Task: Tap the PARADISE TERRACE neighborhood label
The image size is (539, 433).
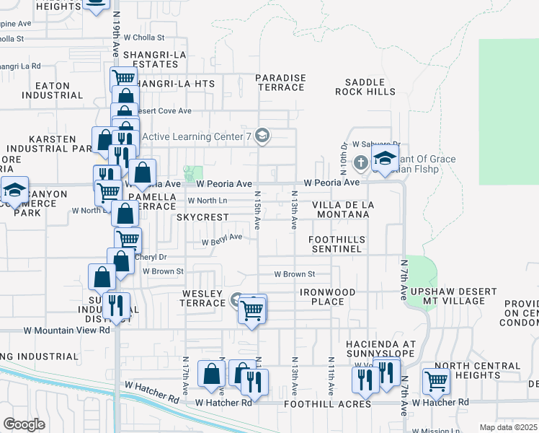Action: tap(281, 82)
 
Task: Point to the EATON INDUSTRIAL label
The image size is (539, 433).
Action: tap(48, 90)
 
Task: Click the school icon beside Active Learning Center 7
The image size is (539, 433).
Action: tap(262, 136)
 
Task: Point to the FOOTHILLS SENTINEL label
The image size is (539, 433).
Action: tap(337, 244)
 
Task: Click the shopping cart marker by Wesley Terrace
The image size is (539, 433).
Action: tap(253, 310)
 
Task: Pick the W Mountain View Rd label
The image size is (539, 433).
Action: tap(66, 330)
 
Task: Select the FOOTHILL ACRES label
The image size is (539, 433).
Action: tap(328, 404)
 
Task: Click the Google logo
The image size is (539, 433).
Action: tap(24, 424)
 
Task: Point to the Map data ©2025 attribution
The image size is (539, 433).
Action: tap(508, 427)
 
